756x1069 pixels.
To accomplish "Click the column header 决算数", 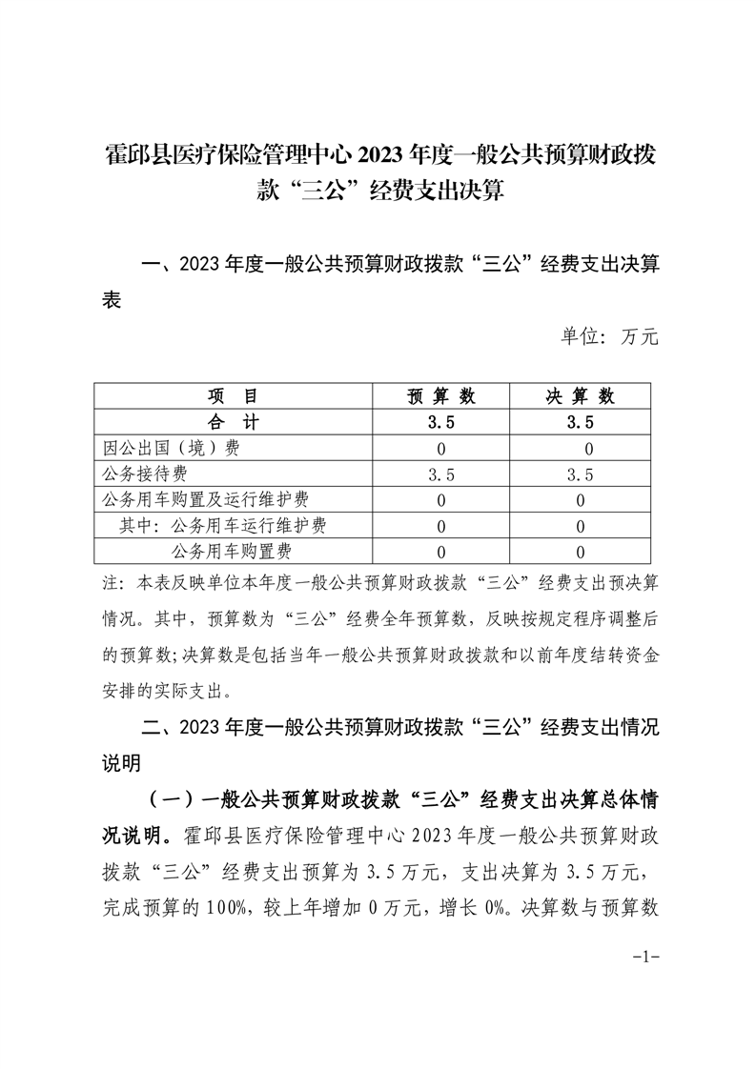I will [580, 396].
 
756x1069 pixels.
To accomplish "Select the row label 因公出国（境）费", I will [171, 449].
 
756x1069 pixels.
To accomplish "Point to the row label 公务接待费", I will [144, 474].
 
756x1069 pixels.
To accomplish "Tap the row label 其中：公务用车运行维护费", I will [222, 526].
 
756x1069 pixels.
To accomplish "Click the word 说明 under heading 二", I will [121, 763].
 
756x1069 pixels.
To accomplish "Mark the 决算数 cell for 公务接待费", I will [580, 474].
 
